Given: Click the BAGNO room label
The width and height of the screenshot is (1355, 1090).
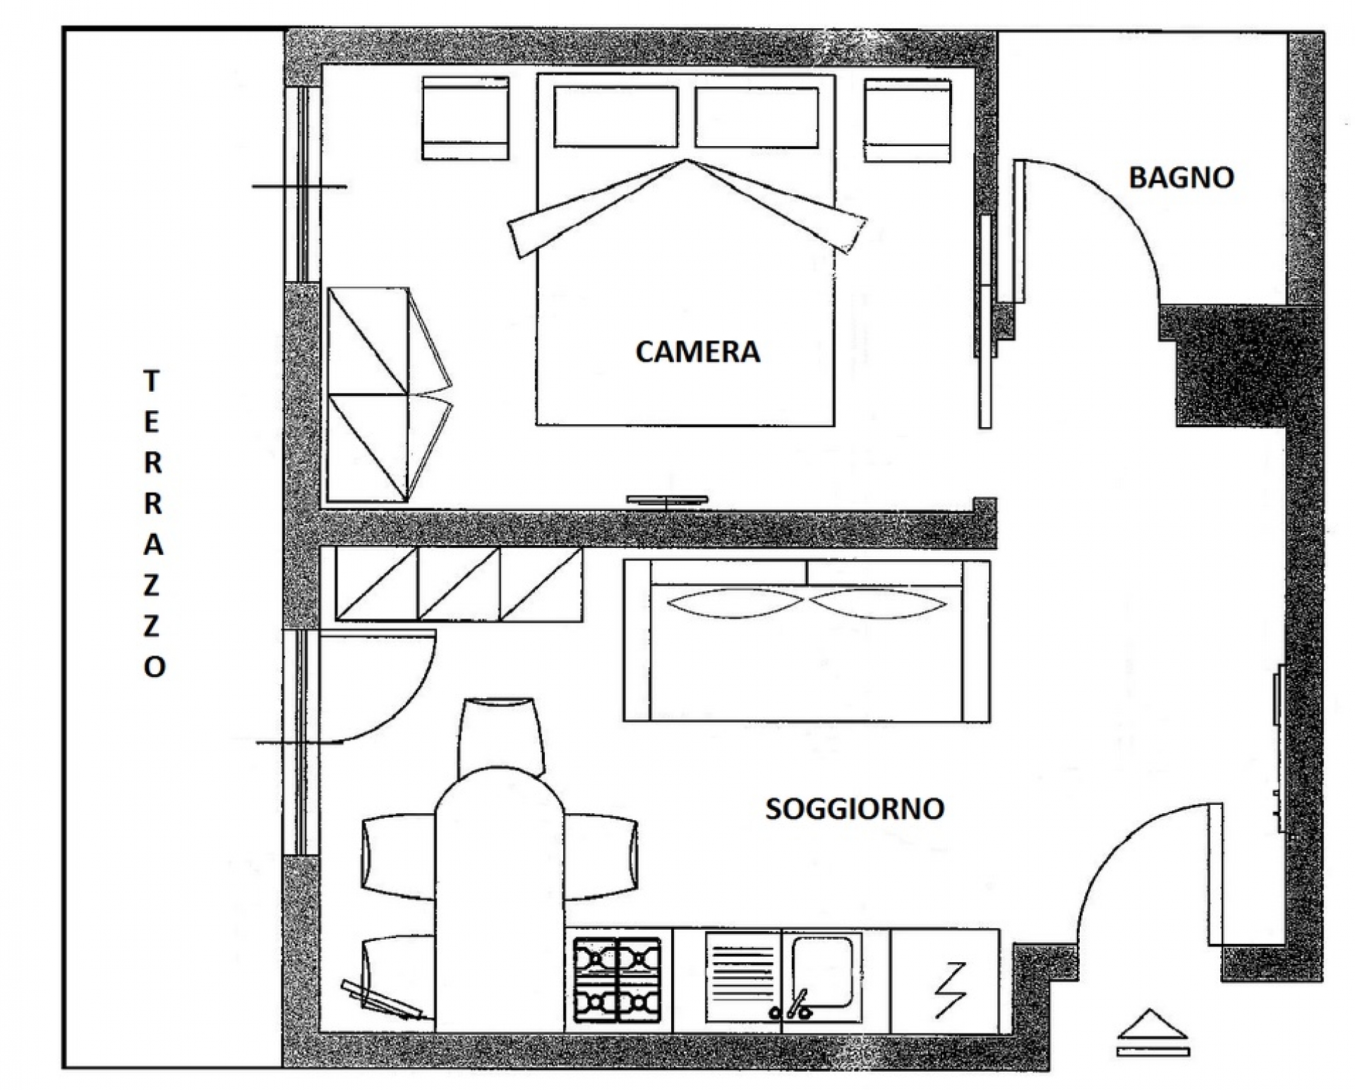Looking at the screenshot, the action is (x=1181, y=177).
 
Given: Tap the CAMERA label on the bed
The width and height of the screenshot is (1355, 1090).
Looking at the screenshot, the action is (x=698, y=352).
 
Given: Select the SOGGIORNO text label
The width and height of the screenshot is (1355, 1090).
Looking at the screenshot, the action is (x=855, y=808).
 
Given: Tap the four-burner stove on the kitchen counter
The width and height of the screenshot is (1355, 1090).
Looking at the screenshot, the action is (x=618, y=980).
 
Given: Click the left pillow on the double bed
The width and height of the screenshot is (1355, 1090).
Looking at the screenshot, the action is (x=616, y=117).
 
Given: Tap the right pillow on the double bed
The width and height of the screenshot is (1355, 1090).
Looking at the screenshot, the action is (x=757, y=117).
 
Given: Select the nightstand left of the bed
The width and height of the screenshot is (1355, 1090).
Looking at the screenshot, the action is (x=466, y=119).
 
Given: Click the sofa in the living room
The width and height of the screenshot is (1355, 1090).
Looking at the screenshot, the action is (x=807, y=641).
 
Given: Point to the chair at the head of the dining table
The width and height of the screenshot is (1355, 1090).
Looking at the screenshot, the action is (x=501, y=736).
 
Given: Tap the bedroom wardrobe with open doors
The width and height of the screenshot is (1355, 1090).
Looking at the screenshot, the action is (x=388, y=395).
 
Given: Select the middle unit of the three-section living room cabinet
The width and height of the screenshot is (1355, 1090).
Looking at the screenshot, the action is (x=459, y=585).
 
